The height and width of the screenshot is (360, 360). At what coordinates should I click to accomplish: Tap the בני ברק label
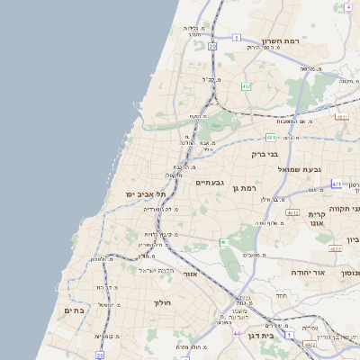265,154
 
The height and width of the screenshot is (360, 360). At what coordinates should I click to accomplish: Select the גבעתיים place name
211,182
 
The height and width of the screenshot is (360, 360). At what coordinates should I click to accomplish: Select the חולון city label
162,303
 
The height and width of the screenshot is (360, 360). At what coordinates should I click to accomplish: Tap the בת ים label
73,310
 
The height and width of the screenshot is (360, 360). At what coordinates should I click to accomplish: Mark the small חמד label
282,296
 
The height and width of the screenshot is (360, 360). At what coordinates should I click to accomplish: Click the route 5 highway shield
236,38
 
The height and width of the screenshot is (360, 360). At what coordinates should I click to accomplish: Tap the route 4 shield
347,6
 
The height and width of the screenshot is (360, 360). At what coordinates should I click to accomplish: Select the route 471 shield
336,184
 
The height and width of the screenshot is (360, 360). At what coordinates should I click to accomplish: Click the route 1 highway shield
288,335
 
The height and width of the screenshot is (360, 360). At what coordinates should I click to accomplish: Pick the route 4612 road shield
310,344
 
